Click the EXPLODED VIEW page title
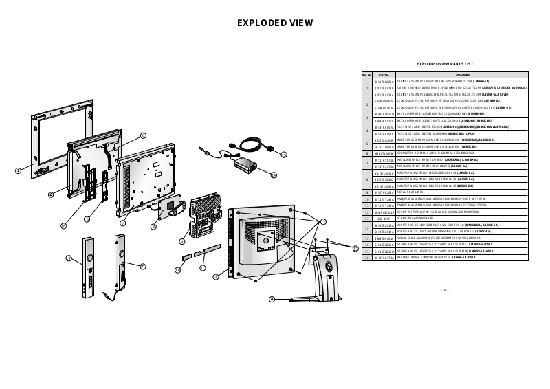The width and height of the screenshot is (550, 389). point(275,23)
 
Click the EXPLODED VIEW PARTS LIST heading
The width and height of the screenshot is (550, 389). point(445,63)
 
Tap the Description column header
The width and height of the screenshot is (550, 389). point(462,74)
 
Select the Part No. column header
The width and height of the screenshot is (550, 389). point(384,74)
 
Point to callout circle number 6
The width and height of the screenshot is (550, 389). point(143,135)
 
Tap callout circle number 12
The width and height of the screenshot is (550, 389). point(324,221)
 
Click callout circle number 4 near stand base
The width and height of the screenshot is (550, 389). point(272,299)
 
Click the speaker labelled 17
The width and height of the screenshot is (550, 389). point(88,265)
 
